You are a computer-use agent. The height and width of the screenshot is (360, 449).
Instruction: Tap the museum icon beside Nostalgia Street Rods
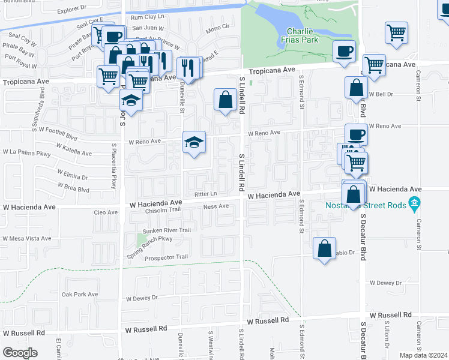[414, 206]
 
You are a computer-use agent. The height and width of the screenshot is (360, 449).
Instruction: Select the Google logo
[20, 352]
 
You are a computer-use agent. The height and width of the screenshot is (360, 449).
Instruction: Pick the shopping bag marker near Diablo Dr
[324, 248]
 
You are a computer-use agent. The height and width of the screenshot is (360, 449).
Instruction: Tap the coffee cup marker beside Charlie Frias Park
[344, 52]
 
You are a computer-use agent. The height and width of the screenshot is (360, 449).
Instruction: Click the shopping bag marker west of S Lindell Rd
[225, 100]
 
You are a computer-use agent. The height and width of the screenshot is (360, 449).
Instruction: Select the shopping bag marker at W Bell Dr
[356, 88]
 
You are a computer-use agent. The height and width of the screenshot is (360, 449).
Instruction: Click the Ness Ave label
[217, 206]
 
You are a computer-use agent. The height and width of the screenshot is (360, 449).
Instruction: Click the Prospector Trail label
[166, 257]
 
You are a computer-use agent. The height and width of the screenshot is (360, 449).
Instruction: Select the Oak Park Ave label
[79, 295]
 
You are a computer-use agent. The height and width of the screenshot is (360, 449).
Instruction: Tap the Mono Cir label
[217, 28]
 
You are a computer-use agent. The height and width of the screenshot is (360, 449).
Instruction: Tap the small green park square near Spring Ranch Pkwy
[142, 240]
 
